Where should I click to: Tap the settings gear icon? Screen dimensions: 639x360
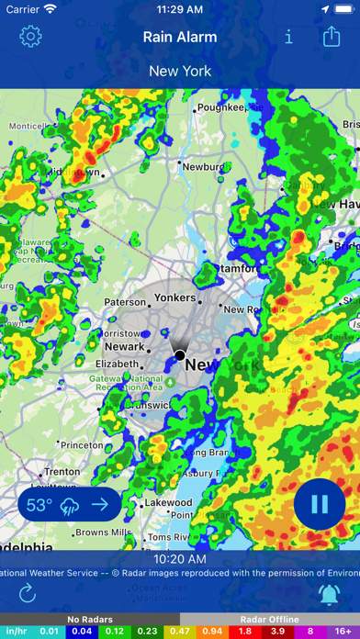[x=31, y=37]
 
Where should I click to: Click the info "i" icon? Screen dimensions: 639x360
[x=289, y=37]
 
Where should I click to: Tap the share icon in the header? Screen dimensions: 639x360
[x=332, y=37]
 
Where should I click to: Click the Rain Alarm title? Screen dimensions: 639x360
[x=180, y=37]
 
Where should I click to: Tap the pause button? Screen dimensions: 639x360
[x=320, y=504]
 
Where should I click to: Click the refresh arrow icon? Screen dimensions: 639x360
[x=28, y=593]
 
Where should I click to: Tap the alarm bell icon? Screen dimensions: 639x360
[x=329, y=593]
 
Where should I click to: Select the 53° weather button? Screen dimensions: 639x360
[x=68, y=504]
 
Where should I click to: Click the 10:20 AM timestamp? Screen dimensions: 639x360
[x=179, y=558]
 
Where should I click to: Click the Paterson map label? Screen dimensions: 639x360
[x=125, y=302]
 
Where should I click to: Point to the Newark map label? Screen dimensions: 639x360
[x=124, y=347]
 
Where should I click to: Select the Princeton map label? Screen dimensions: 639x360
[x=82, y=444]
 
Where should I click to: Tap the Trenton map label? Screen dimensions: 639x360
[x=62, y=473]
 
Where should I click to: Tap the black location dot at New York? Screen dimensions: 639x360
[x=180, y=354]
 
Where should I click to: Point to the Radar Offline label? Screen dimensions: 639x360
[x=269, y=620]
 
